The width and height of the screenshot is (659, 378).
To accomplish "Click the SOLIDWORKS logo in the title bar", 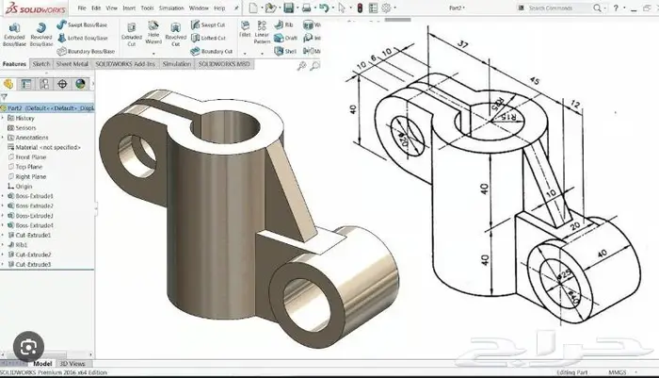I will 35,8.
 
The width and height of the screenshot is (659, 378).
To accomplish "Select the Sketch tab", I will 41,64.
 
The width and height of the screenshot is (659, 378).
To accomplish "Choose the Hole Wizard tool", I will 153,41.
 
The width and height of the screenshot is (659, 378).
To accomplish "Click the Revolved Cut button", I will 176,41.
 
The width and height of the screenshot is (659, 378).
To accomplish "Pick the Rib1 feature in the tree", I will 21,244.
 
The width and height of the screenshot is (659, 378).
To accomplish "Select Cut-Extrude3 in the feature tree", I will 32,264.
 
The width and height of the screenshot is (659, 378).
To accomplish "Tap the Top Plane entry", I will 29,166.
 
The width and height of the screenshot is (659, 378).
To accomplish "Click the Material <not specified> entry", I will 46,146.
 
